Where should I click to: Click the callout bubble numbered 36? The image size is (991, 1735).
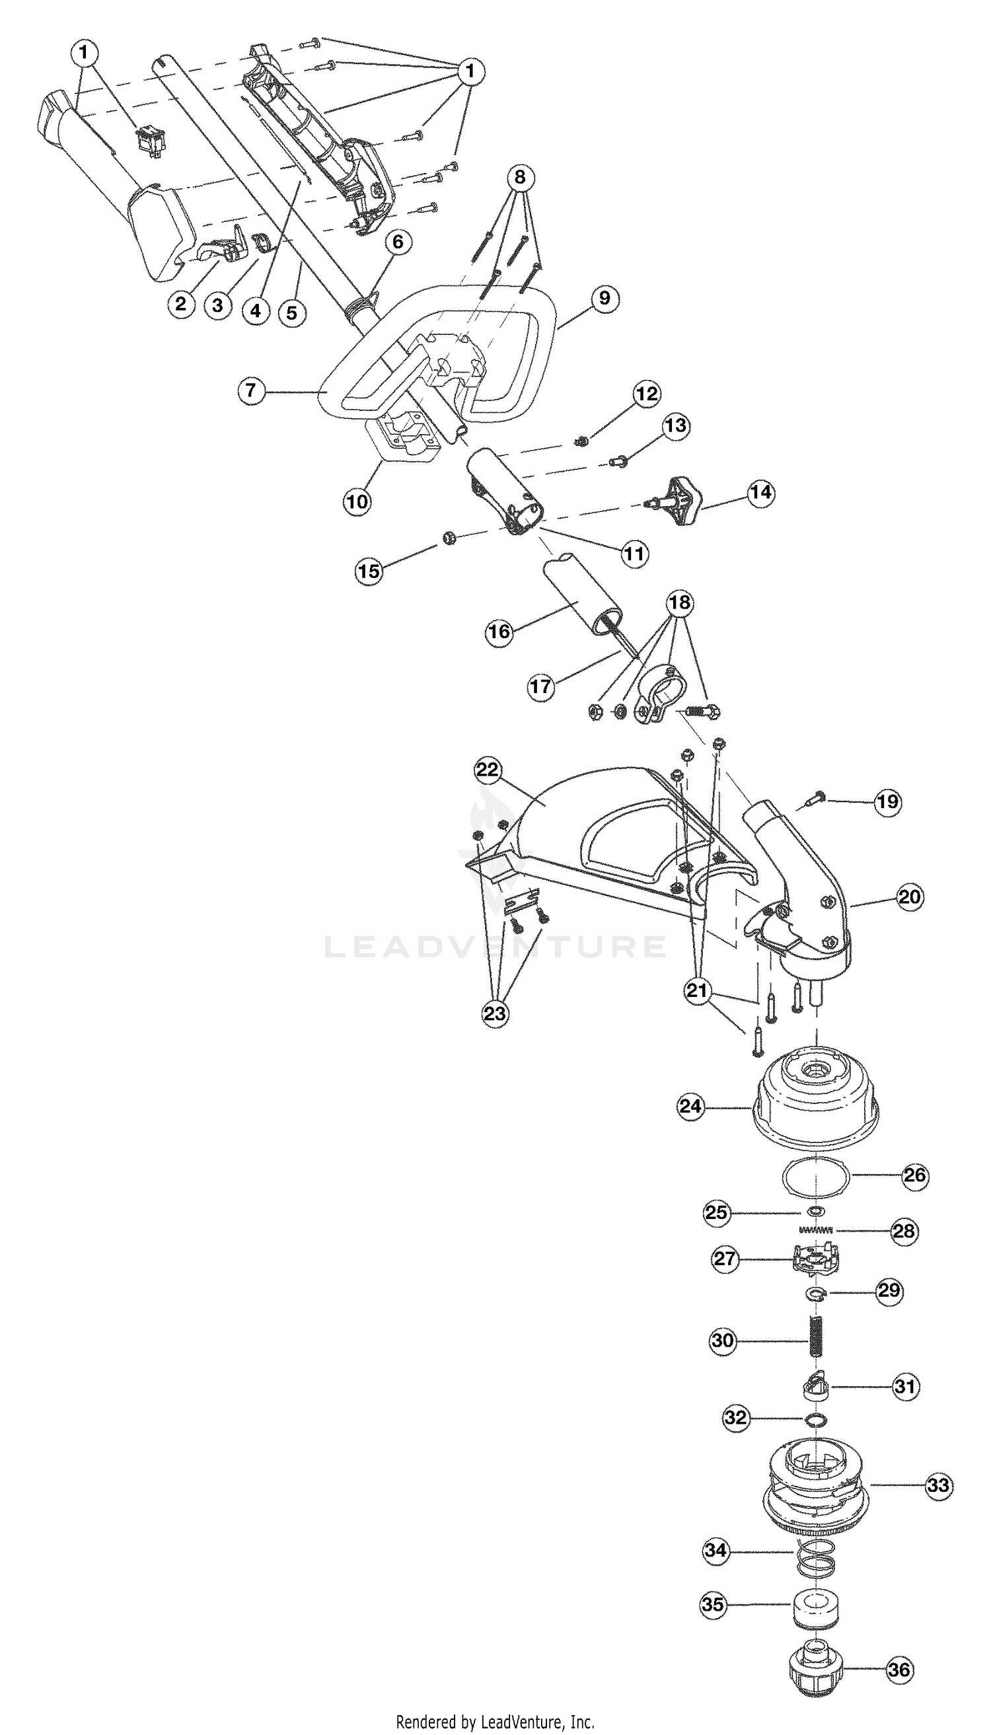(899, 1669)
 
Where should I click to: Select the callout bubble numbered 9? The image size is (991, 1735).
(605, 298)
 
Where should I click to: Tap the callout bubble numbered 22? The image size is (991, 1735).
(488, 770)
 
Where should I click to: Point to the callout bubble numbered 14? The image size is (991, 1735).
(761, 492)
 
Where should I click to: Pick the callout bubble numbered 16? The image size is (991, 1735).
(498, 632)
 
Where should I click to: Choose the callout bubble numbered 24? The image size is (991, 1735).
(690, 1105)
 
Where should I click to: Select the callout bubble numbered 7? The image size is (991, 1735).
(252, 390)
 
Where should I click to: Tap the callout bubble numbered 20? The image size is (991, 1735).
(909, 897)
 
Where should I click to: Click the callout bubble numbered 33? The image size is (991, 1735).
(939, 1485)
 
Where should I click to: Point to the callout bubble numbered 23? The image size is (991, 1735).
(495, 1013)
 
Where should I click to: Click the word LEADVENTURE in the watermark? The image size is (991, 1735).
(495, 947)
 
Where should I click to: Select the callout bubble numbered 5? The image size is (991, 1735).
(292, 313)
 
